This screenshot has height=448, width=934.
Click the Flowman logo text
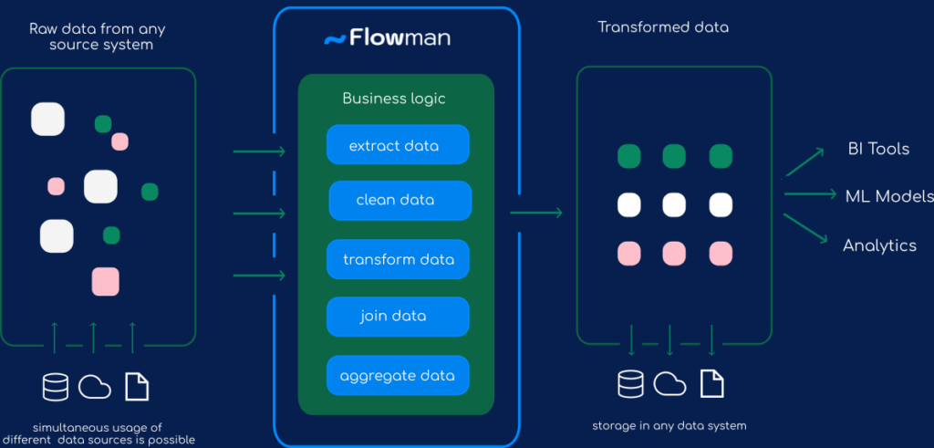398,38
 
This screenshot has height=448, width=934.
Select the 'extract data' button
398,145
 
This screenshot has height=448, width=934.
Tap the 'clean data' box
400,201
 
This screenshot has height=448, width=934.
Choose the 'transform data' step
398,259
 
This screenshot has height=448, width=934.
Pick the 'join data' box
398,317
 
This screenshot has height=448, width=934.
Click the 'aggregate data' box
398,375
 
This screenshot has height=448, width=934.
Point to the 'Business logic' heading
394,99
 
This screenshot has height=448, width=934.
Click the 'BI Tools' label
878,149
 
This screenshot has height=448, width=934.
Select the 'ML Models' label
888,195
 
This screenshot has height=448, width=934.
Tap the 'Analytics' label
879,245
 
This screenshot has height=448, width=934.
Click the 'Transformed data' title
663,27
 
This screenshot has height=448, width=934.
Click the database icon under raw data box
56,387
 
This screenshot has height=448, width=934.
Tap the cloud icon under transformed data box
670,384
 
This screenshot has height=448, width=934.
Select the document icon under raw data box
137,387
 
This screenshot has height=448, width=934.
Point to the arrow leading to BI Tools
804,162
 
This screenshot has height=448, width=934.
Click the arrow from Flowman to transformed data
536,214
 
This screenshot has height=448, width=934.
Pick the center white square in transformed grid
674,204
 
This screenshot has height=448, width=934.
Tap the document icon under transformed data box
712,384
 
